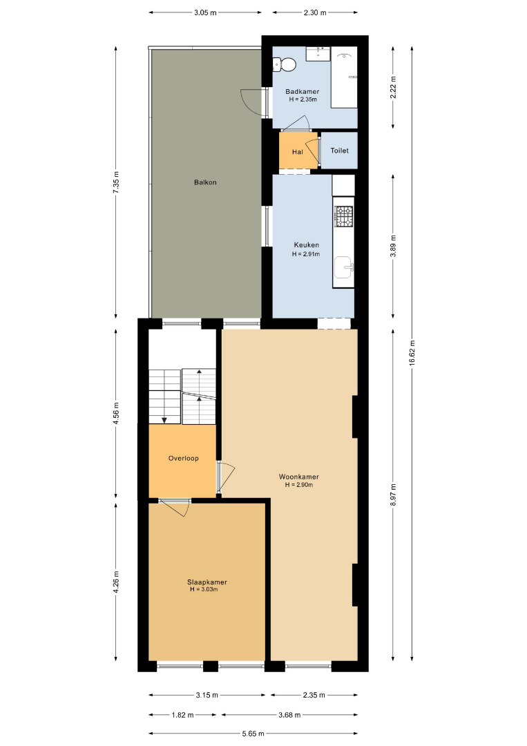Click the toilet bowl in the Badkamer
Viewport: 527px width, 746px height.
click(285, 64)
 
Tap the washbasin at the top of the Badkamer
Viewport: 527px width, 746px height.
click(318, 54)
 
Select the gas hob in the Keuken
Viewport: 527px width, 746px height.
click(343, 216)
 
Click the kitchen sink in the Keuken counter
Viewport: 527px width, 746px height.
click(343, 267)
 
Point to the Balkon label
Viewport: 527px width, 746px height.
click(205, 182)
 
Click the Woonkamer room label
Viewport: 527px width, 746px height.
click(298, 477)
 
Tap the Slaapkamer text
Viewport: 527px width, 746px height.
click(207, 582)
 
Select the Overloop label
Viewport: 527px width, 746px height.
click(184, 458)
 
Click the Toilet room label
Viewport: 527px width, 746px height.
click(340, 151)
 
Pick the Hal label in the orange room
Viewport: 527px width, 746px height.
click(298, 152)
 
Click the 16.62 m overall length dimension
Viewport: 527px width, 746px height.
click(412, 352)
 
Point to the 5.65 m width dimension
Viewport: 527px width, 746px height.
click(253, 734)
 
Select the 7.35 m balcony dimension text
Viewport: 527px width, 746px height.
click(115, 182)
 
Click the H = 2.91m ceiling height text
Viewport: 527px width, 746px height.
click(306, 254)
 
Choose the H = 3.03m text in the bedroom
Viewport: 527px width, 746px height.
click(204, 589)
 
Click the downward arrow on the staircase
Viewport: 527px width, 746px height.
click(164, 420)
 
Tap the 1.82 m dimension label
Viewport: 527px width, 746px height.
click(182, 715)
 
